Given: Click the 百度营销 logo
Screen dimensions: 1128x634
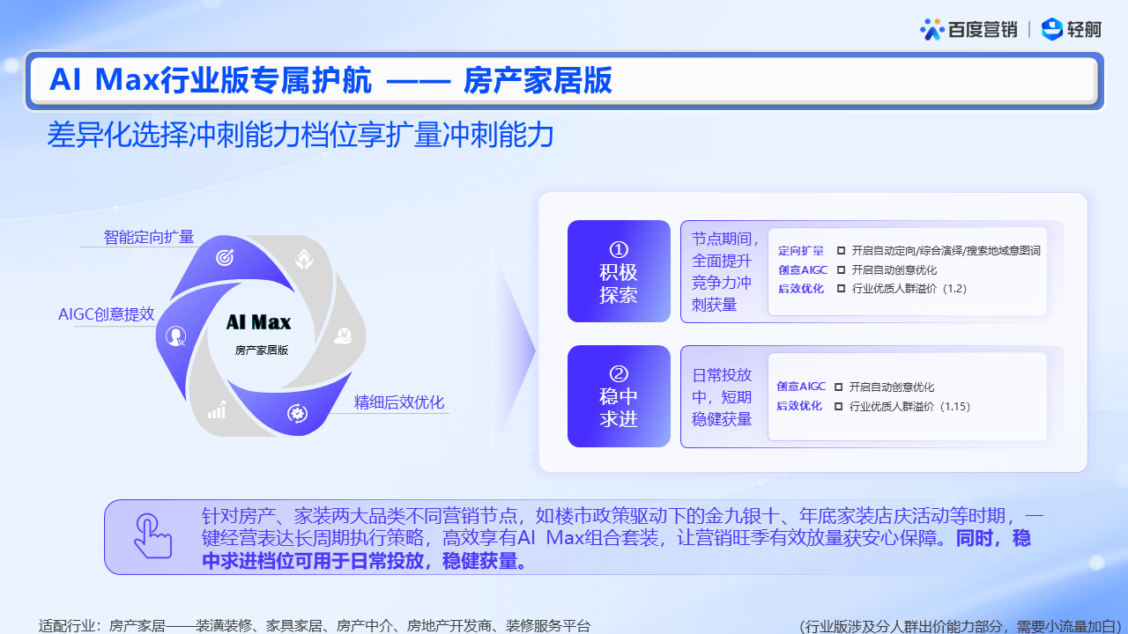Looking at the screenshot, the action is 968,29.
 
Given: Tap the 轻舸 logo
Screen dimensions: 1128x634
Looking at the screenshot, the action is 1071,29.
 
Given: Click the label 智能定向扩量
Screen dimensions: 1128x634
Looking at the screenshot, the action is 149,237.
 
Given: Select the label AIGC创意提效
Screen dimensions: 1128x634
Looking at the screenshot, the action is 107,314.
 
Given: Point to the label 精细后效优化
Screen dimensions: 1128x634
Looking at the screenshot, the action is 399,402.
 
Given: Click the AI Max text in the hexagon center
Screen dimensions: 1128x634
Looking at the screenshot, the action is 258,322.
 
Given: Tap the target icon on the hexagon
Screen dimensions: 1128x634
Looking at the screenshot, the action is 225,257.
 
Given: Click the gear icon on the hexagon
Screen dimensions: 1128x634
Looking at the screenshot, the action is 297,414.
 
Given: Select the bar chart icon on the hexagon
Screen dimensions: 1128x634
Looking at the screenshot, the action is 217,410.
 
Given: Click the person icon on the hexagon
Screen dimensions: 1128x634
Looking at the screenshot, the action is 175,335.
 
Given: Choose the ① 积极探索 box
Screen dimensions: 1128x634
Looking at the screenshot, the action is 619,271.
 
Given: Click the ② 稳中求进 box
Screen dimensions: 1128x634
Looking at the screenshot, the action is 619,396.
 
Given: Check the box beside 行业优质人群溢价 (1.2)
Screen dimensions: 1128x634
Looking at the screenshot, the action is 841,288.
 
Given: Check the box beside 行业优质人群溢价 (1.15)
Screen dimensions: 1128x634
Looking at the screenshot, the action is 838,406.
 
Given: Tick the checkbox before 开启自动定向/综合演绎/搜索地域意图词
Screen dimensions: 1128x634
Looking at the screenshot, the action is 841,250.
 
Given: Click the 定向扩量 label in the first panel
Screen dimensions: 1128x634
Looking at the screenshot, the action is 801,250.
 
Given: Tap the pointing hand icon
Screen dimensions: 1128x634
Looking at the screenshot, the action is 153,536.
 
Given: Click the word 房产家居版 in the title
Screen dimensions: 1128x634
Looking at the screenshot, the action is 538,80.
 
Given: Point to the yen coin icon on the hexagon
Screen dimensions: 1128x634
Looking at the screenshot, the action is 343,336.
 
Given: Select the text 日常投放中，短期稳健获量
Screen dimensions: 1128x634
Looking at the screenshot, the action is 722,396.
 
